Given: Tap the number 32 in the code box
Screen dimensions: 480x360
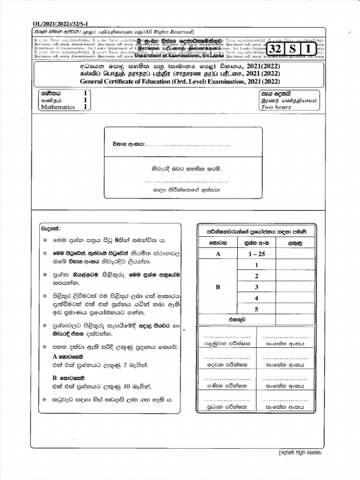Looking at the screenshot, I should click(x=276, y=49).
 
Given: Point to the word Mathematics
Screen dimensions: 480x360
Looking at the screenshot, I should click(x=58, y=107).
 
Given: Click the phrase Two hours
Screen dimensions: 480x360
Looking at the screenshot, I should click(x=276, y=107).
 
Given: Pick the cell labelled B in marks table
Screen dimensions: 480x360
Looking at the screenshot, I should click(x=217, y=287).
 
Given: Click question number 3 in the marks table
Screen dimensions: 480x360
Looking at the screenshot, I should click(x=256, y=287).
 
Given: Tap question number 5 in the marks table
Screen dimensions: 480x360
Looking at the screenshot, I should click(x=256, y=309).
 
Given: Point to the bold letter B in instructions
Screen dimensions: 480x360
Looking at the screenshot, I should click(x=55, y=377).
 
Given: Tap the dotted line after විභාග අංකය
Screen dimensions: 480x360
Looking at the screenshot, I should click(x=188, y=145).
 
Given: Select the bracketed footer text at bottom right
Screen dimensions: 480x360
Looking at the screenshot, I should click(x=300, y=452).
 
